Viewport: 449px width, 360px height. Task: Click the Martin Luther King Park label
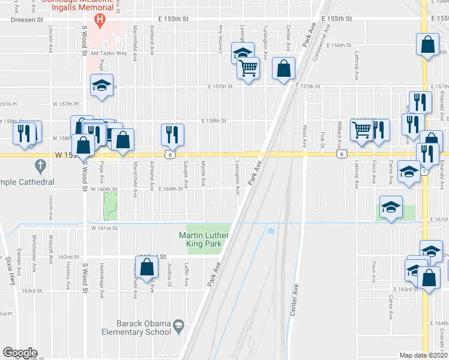coord(201,239)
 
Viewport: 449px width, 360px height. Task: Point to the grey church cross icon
coord(40,164)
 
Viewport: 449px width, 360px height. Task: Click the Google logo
coord(20,353)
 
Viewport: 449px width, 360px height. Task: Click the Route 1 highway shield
coord(425,172)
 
